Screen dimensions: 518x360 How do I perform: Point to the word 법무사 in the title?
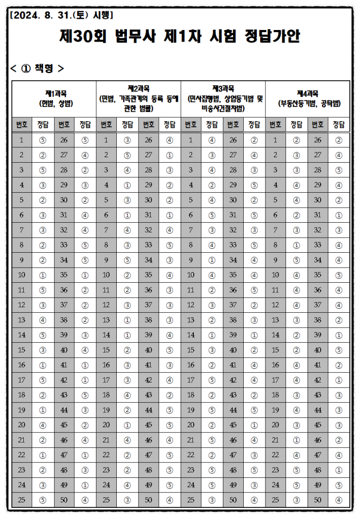(x=136, y=37)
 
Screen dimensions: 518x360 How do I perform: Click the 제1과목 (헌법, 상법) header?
(x=54, y=98)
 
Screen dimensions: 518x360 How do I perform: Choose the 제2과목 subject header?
(x=139, y=98)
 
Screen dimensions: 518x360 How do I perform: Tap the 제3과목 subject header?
(x=223, y=98)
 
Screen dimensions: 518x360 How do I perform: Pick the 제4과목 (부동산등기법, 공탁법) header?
(x=308, y=98)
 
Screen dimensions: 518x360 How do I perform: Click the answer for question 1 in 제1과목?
(x=43, y=140)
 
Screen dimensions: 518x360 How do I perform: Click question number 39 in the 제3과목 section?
(x=233, y=335)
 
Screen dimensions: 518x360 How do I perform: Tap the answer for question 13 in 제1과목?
(x=43, y=320)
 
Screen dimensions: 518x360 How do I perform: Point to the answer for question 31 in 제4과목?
(x=339, y=215)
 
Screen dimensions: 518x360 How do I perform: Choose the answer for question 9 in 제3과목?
(x=212, y=260)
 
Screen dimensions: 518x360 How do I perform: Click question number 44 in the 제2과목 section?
(x=148, y=410)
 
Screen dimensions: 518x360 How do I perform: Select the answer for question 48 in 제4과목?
(x=339, y=469)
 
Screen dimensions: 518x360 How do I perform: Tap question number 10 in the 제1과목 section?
(x=21, y=275)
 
